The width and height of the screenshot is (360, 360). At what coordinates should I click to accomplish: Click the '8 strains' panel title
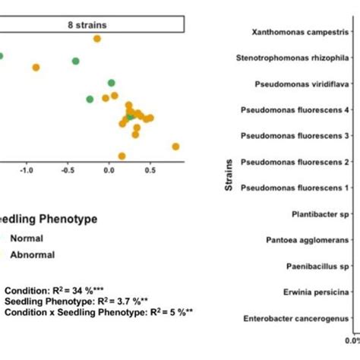87,25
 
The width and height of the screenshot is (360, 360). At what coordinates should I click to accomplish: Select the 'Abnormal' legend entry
31,255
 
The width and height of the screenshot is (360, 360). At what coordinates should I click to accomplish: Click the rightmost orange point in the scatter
175,147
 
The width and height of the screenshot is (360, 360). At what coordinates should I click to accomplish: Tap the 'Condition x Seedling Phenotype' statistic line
98,311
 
